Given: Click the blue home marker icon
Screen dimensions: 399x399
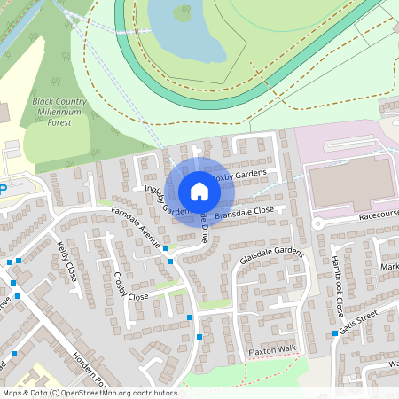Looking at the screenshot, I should [x=199, y=192].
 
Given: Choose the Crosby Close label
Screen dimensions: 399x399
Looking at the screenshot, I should [x=129, y=285].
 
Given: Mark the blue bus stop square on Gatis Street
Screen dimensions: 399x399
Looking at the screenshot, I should [x=335, y=333].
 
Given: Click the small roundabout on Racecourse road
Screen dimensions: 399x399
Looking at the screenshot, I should [x=317, y=223].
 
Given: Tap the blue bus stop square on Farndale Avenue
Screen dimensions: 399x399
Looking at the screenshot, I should [x=166, y=250].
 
